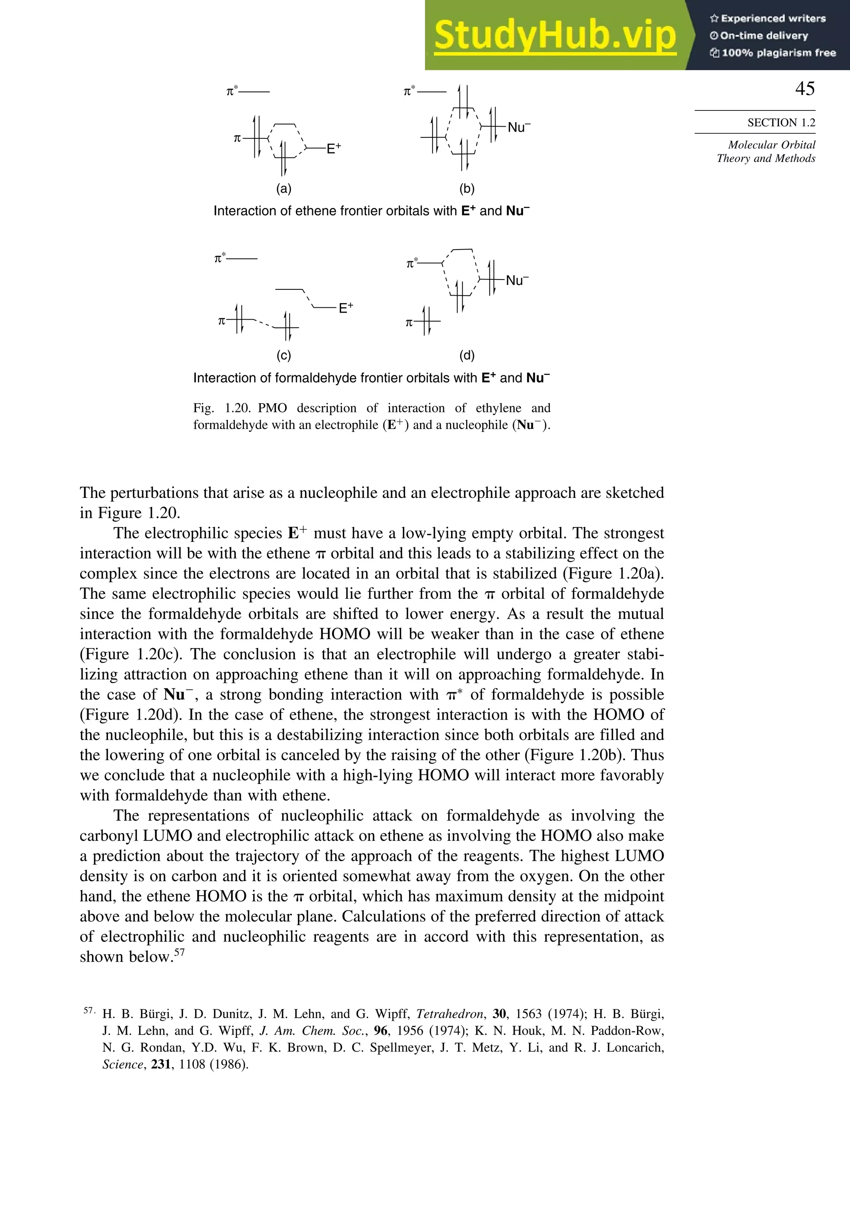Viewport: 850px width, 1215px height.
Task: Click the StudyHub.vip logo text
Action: click(554, 36)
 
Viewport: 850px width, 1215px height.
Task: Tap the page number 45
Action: click(804, 88)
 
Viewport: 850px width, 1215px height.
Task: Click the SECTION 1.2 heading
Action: click(781, 123)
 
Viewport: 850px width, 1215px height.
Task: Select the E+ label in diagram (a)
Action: click(334, 148)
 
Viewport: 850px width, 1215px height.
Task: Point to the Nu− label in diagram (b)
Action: click(518, 127)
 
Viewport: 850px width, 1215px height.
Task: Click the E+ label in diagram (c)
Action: click(346, 308)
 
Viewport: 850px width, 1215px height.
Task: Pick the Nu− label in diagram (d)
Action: click(517, 280)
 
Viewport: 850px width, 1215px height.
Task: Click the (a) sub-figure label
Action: click(284, 189)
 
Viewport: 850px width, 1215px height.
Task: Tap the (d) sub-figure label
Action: click(467, 355)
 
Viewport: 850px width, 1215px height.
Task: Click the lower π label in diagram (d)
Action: click(409, 322)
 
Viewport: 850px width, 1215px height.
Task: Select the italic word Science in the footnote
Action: click(122, 1064)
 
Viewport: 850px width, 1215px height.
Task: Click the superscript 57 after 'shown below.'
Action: click(179, 953)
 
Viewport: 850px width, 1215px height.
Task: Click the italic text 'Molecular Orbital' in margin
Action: click(771, 145)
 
